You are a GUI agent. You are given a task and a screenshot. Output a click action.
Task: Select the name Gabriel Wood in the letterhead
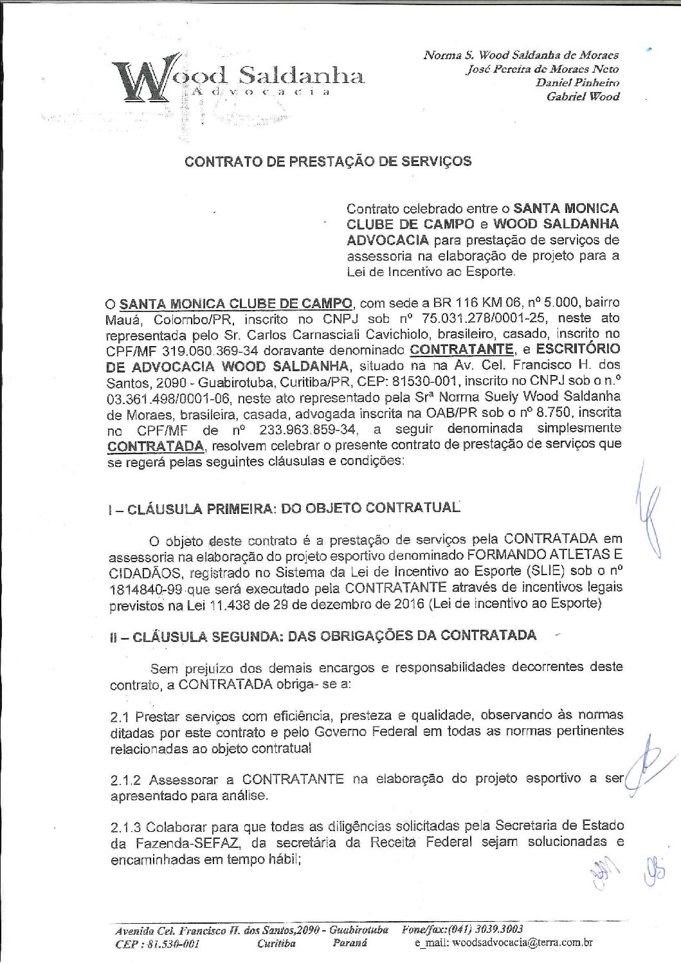(x=583, y=96)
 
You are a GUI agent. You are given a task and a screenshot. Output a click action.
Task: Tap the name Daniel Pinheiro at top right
(x=577, y=82)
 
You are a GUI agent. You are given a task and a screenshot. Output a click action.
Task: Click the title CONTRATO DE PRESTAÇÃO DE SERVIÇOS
(x=328, y=161)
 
